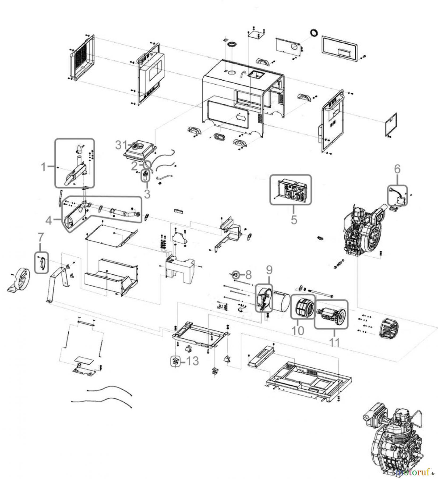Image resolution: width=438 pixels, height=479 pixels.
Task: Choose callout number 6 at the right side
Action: point(397,168)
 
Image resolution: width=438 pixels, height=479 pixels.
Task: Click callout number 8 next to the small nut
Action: point(248,275)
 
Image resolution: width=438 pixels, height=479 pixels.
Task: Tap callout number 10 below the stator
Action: point(298,331)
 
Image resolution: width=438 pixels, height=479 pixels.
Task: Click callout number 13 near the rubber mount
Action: point(192,361)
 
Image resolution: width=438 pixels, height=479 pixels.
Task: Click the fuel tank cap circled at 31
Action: point(136,146)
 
